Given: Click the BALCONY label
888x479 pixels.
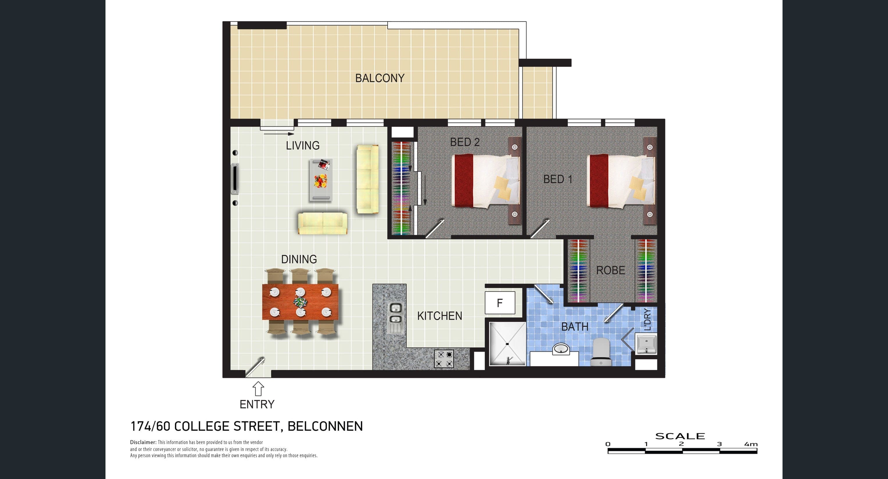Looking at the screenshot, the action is [380, 78].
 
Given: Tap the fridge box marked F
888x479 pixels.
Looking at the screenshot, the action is [500, 303].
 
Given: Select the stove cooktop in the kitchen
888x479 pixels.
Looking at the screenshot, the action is [444, 359].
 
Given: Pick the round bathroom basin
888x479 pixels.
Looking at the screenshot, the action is [561, 349].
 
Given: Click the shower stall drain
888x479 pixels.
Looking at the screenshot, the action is [507, 344].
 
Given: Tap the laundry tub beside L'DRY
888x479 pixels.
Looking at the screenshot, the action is [646, 344].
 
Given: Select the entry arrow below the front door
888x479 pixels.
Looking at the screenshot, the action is [258, 389].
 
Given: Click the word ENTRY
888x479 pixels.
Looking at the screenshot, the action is [257, 405].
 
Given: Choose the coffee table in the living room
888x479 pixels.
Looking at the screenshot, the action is [321, 180].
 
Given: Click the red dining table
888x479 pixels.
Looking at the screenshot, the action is [300, 302].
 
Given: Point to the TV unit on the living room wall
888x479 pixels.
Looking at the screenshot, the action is [235, 178].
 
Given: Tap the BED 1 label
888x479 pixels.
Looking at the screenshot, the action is [558, 179].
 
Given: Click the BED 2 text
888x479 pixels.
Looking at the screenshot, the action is [465, 142].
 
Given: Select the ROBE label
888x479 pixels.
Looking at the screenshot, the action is [610, 270].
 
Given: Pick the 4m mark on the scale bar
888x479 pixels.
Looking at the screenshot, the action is [751, 444].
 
